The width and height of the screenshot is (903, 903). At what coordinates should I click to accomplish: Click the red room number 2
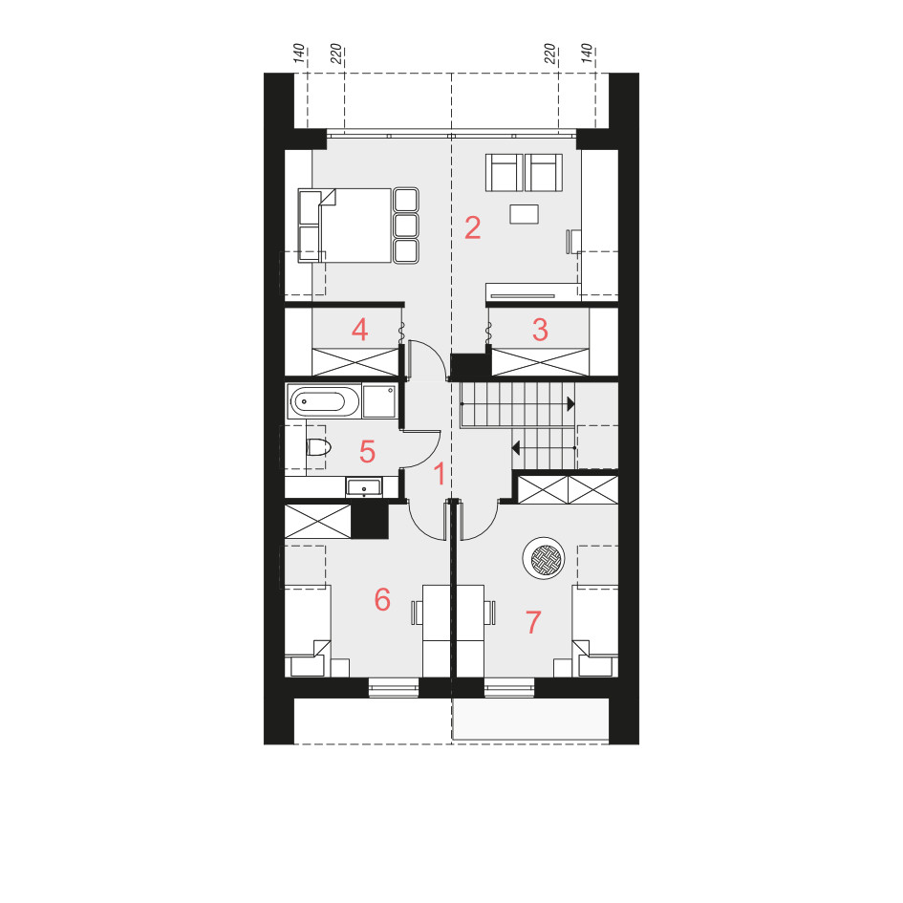tap(473, 228)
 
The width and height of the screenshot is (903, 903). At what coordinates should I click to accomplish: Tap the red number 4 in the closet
tap(360, 330)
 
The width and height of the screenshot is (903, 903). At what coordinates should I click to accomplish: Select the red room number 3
tap(540, 330)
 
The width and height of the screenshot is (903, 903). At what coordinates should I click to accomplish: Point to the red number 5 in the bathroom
tap(368, 451)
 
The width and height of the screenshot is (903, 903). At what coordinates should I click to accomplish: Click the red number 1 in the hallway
tap(440, 474)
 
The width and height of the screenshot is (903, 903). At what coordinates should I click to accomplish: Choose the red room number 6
tap(382, 599)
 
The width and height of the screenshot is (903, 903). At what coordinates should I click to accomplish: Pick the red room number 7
tap(533, 622)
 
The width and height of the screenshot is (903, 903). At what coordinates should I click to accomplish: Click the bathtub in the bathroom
tap(324, 400)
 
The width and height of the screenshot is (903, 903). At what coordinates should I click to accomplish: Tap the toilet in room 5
tap(318, 447)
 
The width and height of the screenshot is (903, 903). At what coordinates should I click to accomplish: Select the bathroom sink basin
tap(363, 487)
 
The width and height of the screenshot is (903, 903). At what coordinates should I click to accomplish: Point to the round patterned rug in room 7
tap(544, 558)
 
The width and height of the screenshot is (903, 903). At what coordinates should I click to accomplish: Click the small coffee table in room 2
tap(524, 214)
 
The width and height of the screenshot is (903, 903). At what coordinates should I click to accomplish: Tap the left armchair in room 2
tap(505, 172)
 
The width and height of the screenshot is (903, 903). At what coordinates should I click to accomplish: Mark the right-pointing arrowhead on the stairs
tap(570, 403)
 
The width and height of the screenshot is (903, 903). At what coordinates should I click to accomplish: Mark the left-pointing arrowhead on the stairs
tap(516, 447)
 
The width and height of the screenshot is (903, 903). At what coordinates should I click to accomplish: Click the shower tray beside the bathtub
tap(379, 400)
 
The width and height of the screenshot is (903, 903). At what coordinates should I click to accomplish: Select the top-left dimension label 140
tap(299, 53)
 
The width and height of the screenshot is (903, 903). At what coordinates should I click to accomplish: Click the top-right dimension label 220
tap(550, 54)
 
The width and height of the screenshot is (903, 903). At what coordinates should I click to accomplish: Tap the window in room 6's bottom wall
tap(394, 688)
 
